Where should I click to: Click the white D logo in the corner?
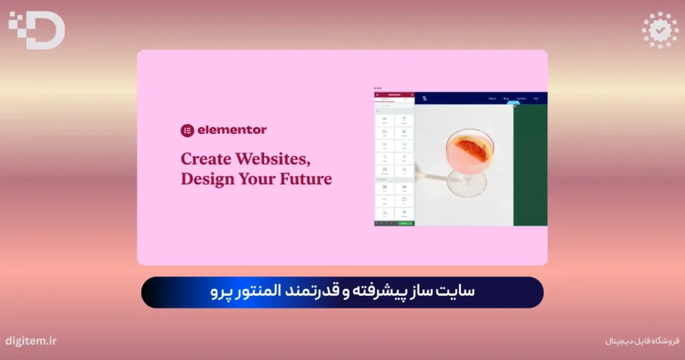(37, 31)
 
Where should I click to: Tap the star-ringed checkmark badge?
(660, 30)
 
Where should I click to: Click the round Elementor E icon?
(187, 130)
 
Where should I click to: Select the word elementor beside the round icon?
(232, 130)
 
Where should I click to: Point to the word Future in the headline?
(305, 179)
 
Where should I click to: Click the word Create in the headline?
(203, 159)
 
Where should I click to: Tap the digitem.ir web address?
(31, 341)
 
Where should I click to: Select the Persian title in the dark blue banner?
(342, 292)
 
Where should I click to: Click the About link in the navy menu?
(492, 99)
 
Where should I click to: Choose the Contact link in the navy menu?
(521, 99)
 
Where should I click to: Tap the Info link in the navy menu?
(536, 99)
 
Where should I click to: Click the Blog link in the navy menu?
(506, 99)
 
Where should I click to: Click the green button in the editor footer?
(403, 223)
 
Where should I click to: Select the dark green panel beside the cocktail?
(530, 164)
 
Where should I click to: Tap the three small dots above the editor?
(378, 88)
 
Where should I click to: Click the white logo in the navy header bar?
(424, 99)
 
